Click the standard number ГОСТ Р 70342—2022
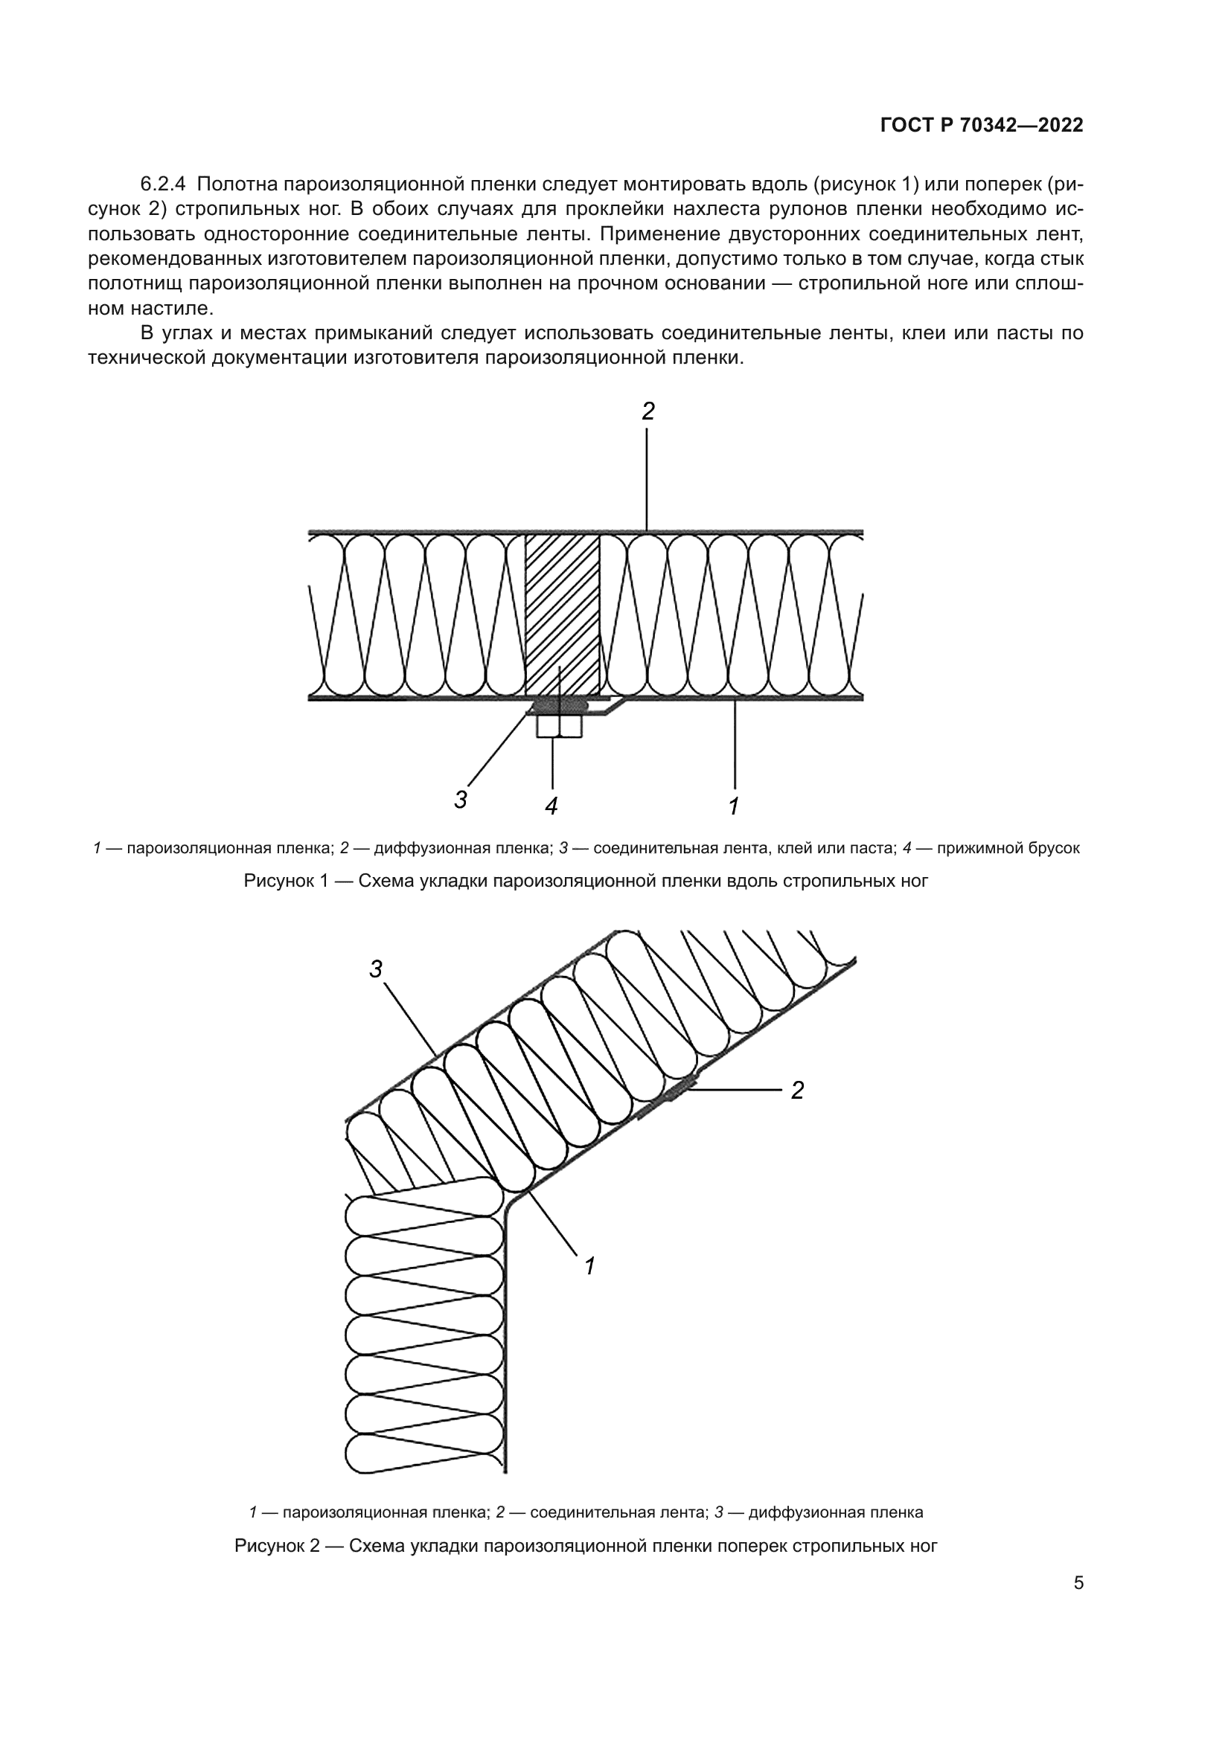[x=982, y=126]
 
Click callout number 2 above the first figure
[x=648, y=411]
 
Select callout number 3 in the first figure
[x=461, y=800]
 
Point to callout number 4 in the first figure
[x=551, y=806]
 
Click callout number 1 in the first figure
[x=734, y=806]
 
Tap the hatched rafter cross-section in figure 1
[x=563, y=614]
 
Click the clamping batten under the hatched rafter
[x=560, y=727]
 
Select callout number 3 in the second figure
[x=376, y=969]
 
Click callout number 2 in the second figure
[x=797, y=1091]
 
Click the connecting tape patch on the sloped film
[x=680, y=1091]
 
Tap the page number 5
[x=1078, y=1583]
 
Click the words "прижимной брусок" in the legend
[x=1008, y=848]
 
